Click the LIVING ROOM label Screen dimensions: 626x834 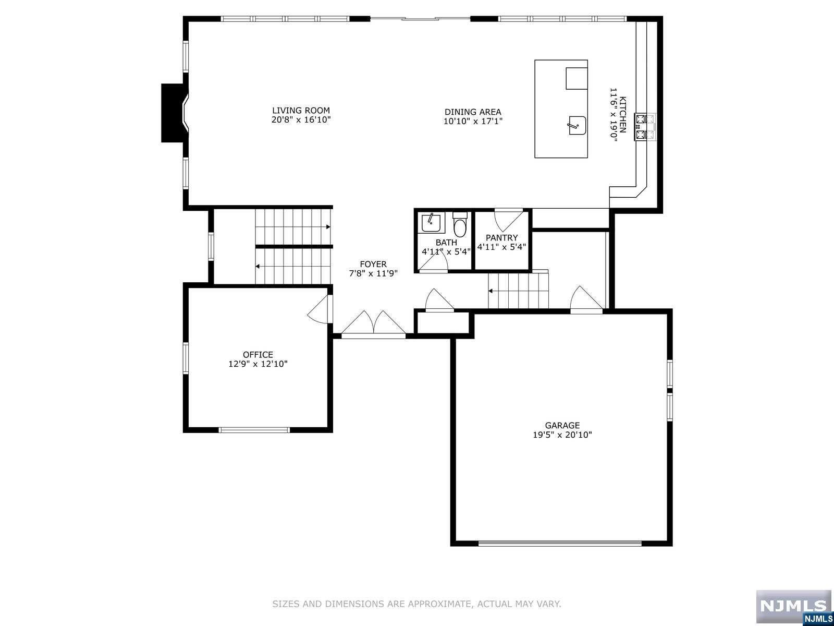(x=301, y=111)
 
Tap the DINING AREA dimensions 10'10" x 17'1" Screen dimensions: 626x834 (x=473, y=122)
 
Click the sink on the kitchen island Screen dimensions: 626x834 (x=577, y=125)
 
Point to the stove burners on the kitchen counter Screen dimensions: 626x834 (x=645, y=127)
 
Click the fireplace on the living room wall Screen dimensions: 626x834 (x=174, y=113)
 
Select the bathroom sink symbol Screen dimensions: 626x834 (x=431, y=223)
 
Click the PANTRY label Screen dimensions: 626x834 (x=501, y=238)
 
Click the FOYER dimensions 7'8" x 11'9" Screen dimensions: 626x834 (x=373, y=273)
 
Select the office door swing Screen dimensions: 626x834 (x=319, y=309)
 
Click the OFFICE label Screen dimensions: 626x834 (x=257, y=355)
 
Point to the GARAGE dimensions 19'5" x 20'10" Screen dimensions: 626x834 (x=562, y=435)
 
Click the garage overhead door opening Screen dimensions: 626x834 (x=559, y=543)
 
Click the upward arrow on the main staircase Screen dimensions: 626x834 (x=327, y=227)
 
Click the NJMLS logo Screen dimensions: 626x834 (x=793, y=607)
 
